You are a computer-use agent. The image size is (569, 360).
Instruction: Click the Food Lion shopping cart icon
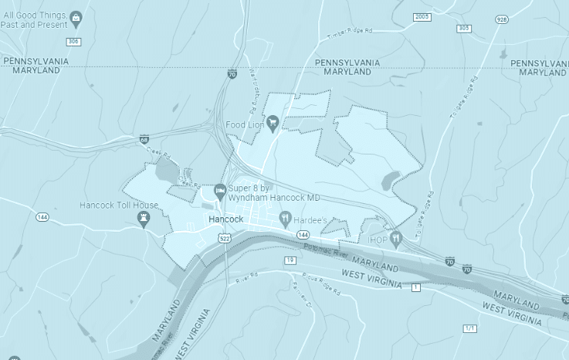tap(273, 124)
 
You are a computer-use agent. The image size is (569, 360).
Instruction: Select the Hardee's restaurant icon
tap(285, 219)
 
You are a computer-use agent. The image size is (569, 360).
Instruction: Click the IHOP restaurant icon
tap(396, 239)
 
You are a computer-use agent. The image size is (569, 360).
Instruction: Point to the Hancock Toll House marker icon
tap(143, 219)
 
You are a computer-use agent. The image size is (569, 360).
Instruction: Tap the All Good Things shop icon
tap(76, 17)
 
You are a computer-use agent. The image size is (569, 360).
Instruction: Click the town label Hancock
tap(226, 219)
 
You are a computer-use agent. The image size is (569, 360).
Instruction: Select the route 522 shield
tap(225, 239)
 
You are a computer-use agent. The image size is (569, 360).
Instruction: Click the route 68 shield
tap(144, 140)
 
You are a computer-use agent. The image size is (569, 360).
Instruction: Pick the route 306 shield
tap(73, 41)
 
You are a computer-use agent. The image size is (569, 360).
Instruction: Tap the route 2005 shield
tap(422, 16)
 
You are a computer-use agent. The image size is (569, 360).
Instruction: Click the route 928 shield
tap(502, 19)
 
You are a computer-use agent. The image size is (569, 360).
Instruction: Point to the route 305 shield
tap(463, 29)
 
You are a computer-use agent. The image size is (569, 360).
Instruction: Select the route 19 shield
tap(290, 260)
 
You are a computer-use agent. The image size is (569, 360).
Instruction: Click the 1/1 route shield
tap(469, 328)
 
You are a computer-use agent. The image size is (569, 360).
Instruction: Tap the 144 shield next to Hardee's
tap(303, 234)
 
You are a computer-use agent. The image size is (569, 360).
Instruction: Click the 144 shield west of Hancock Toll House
tap(42, 217)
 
